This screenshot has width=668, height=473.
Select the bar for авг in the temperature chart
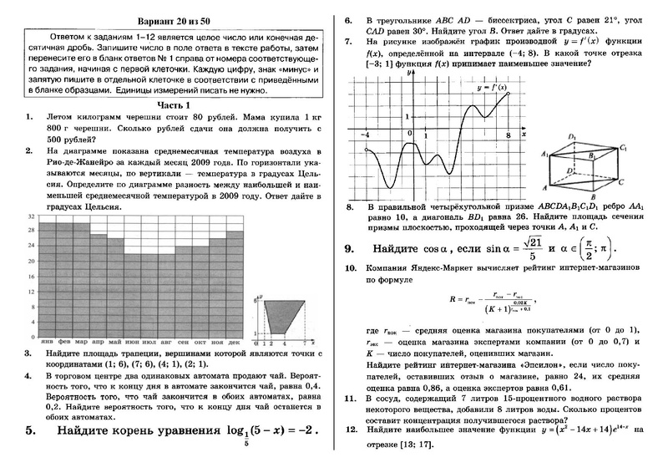(168, 293)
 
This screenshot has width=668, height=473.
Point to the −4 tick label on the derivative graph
(365, 135)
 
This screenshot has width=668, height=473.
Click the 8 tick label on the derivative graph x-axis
(507, 135)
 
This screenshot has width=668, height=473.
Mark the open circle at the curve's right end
(508, 93)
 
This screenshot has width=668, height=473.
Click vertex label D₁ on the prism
(571, 137)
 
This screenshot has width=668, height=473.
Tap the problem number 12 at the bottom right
(351, 428)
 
